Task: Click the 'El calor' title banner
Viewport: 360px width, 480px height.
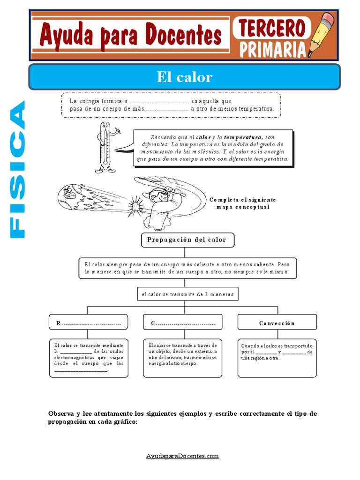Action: click(x=184, y=77)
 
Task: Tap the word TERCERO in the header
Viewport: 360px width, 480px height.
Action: click(x=270, y=28)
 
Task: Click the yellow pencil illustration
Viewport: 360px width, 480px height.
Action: click(x=323, y=34)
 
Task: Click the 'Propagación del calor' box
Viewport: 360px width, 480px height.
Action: click(x=187, y=240)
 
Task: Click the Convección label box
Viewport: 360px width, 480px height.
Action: click(x=277, y=323)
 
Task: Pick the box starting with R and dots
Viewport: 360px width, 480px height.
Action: click(x=89, y=323)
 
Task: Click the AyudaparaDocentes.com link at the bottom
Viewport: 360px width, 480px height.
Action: click(x=182, y=456)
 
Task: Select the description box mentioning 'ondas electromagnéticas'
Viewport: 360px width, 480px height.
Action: click(x=89, y=358)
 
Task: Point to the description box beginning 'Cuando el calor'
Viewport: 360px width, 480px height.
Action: click(x=277, y=358)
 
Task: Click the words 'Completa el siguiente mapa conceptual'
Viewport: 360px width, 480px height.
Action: click(x=243, y=203)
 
